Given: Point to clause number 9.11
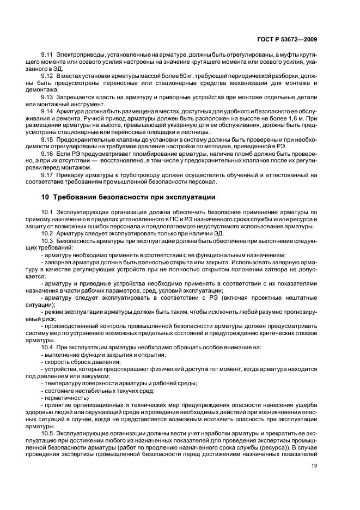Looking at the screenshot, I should tap(47, 70).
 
